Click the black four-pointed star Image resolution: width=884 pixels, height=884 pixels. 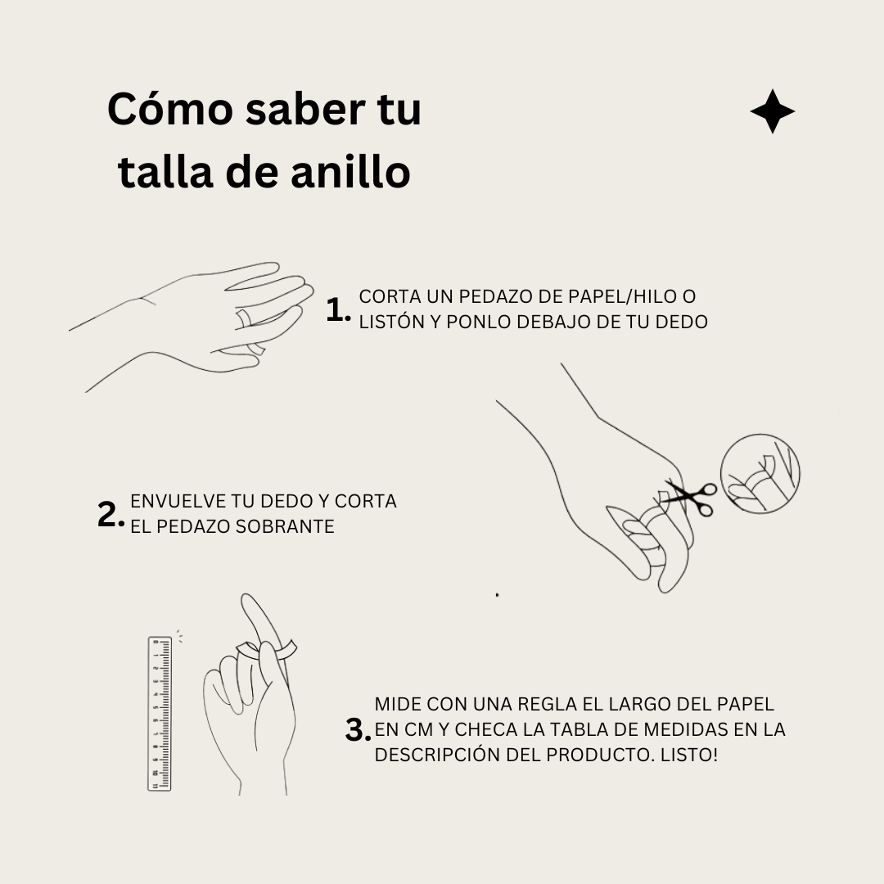tap(772, 112)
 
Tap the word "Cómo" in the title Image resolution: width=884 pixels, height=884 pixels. tap(167, 110)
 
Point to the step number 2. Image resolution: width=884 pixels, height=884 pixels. tap(110, 515)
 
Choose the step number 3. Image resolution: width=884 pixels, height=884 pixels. tap(358, 730)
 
